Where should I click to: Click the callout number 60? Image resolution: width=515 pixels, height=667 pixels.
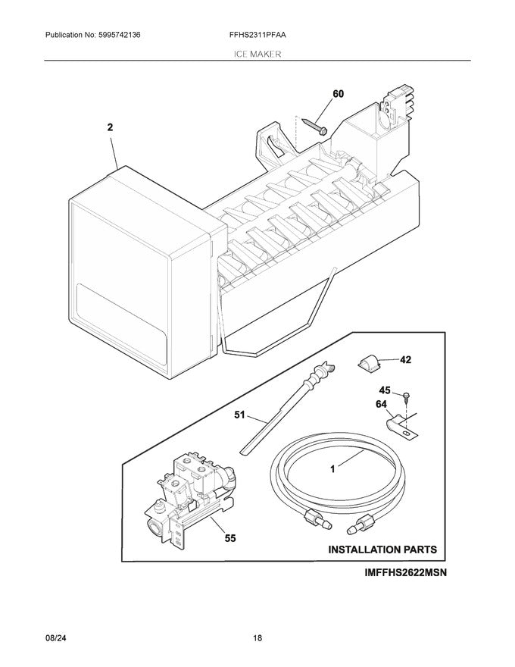click(338, 94)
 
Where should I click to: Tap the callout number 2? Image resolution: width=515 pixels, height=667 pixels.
click(110, 129)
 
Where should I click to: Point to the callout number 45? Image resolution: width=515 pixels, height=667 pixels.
click(385, 390)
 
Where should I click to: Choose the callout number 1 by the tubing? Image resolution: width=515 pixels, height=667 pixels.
click(332, 469)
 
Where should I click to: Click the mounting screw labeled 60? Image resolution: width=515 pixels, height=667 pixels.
click(313, 124)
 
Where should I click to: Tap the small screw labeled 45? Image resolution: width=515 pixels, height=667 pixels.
click(407, 395)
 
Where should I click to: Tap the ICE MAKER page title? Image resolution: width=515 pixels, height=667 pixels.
click(257, 55)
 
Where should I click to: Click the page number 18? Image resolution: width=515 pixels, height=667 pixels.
click(257, 639)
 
